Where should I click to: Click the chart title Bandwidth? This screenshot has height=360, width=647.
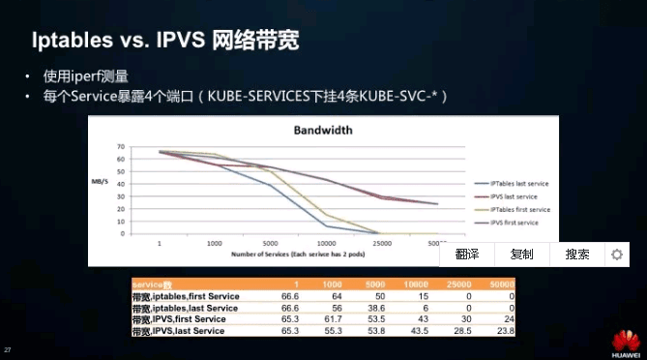pyautogui.click(x=323, y=131)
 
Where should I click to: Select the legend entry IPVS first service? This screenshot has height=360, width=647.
pyautogui.click(x=513, y=223)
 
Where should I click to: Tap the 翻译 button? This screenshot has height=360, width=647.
pyautogui.click(x=467, y=254)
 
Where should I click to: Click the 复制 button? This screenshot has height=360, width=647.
pyautogui.click(x=522, y=254)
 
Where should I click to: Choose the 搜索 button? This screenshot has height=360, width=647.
pyautogui.click(x=577, y=254)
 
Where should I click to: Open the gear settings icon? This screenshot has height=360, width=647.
pyautogui.click(x=616, y=254)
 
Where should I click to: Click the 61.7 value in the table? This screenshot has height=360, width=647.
pyautogui.click(x=332, y=319)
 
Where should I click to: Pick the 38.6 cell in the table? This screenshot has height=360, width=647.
pyautogui.click(x=375, y=308)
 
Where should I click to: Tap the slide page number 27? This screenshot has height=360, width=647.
pyautogui.click(x=9, y=348)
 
